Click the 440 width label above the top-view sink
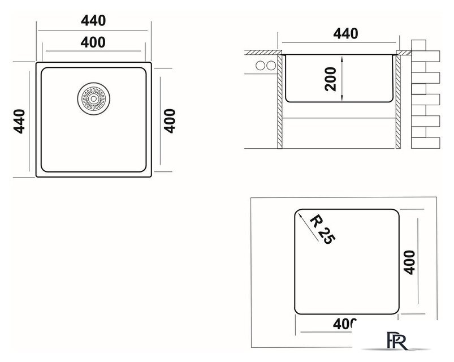pyautogui.click(x=93, y=21)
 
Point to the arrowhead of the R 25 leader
pyautogui.click(x=299, y=213)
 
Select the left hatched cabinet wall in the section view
pyautogui.click(x=279, y=102)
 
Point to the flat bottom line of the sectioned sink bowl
pyautogui.click(x=340, y=102)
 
